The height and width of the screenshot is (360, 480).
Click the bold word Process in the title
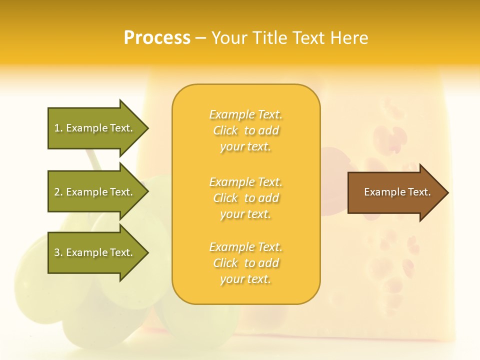tap(157, 37)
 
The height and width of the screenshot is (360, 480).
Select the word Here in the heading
tap(349, 37)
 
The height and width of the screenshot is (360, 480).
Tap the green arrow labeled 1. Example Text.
tap(95, 128)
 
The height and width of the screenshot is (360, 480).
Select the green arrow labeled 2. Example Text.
tap(95, 192)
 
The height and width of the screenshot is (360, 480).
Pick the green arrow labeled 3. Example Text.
tap(95, 252)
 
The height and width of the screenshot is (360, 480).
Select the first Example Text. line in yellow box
tap(245, 115)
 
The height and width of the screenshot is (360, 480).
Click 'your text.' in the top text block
tap(245, 147)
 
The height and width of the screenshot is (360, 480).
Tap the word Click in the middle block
tap(225, 198)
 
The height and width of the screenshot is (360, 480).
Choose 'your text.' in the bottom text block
tap(245, 279)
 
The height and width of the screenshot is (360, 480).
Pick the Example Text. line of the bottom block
tap(245, 247)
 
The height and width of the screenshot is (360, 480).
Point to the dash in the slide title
tap(201, 38)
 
